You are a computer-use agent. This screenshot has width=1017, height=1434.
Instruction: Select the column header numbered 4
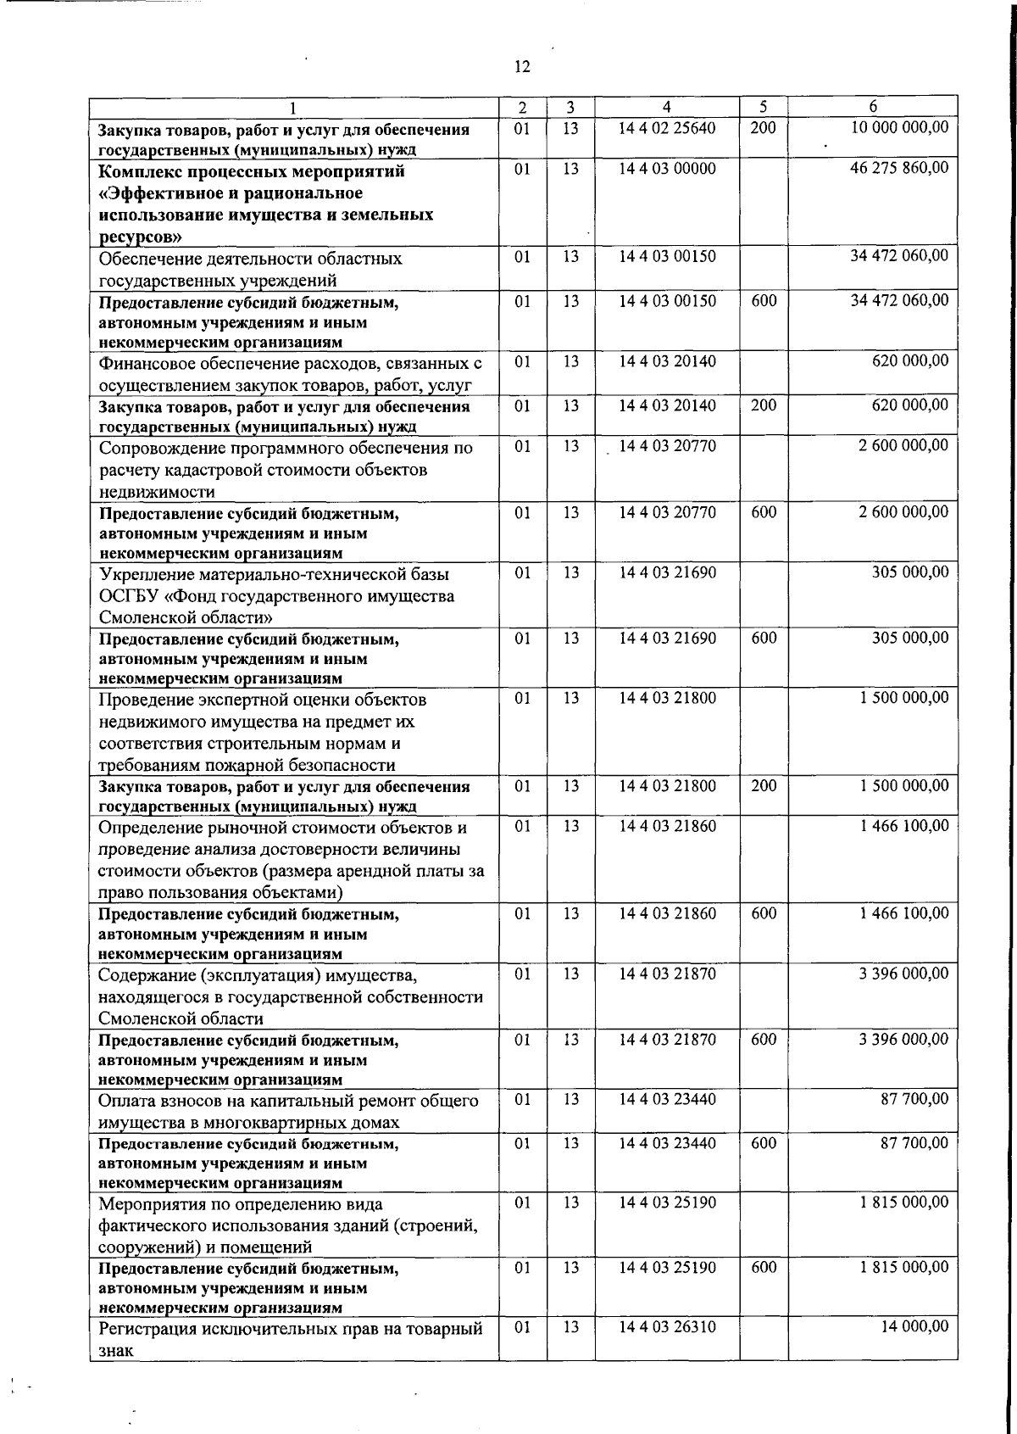click(667, 107)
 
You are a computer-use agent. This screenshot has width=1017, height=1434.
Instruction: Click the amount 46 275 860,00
click(899, 168)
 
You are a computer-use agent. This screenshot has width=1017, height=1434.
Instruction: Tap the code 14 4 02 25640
click(667, 128)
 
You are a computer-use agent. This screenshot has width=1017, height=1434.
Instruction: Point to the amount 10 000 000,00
click(899, 127)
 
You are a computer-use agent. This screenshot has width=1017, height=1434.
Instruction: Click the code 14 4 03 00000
click(667, 169)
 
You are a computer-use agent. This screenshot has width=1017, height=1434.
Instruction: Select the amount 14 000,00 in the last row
click(915, 1326)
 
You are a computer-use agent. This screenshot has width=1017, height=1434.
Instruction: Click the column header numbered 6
click(873, 107)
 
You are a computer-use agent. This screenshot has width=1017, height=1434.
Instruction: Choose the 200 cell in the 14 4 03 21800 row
click(764, 786)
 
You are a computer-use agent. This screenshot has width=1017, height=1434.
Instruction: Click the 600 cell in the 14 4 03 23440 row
click(764, 1143)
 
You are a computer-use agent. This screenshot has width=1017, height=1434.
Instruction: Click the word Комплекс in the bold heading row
click(136, 171)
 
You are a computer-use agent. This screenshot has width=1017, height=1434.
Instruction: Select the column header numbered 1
click(293, 108)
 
